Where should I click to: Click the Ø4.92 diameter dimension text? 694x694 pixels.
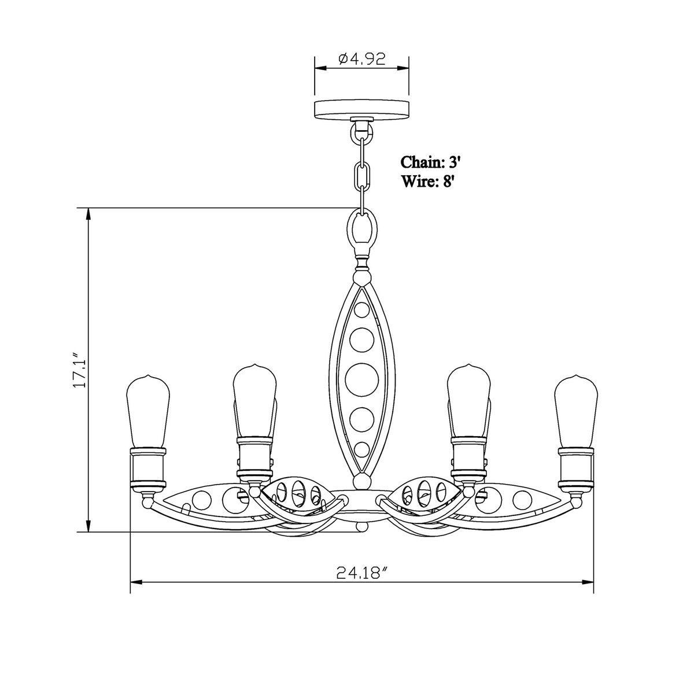pyautogui.click(x=362, y=59)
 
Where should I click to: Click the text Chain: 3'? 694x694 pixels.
pyautogui.click(x=431, y=162)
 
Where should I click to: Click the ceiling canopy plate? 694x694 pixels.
pyautogui.click(x=361, y=109)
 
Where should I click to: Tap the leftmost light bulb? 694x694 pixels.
pyautogui.click(x=148, y=412)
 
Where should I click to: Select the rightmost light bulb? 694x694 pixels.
pyautogui.click(x=576, y=412)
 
